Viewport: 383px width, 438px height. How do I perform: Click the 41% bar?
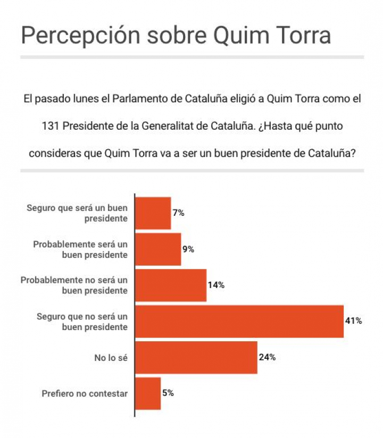pos(239,322)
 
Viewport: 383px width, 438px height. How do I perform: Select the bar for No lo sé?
pos(196,357)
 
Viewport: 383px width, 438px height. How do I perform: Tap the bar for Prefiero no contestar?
pos(148,393)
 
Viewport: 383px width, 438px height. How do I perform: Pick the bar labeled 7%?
pos(153,213)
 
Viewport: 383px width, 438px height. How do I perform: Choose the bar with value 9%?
pos(158,249)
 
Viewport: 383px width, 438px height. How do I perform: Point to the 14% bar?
pos(171,285)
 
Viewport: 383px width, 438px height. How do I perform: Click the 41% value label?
pos(354,321)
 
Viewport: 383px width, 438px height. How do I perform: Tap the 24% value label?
pos(267,357)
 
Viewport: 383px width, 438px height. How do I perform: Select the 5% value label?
pos(168,393)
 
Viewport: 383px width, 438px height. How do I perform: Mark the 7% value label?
pos(178,213)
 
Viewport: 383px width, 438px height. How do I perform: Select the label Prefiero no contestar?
pos(85,394)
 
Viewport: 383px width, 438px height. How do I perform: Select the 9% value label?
pos(188,249)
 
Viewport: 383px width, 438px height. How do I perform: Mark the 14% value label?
pos(216,285)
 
